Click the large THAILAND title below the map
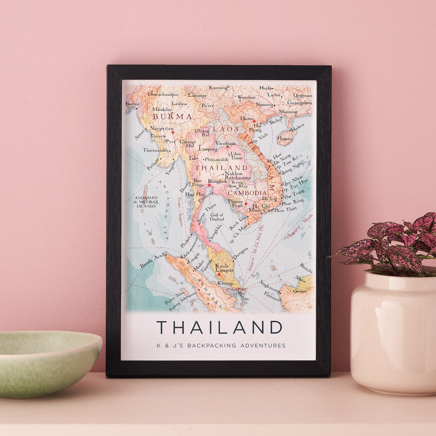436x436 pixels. [x=219, y=327]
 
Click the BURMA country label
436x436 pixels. [x=172, y=117]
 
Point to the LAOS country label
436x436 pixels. [x=226, y=129]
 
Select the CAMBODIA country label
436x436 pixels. [x=247, y=193]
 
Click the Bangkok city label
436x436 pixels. [x=218, y=181]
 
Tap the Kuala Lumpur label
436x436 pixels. [x=224, y=268]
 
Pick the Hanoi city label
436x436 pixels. [x=247, y=118]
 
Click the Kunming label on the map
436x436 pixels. [x=218, y=88]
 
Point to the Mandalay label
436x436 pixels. [x=162, y=109]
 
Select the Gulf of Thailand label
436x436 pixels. [x=217, y=217]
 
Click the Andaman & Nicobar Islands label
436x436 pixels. [x=146, y=201]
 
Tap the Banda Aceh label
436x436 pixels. [x=152, y=261]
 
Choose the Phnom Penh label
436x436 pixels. [x=235, y=203]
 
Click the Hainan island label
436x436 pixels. [x=285, y=138]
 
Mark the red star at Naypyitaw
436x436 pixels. [x=173, y=132]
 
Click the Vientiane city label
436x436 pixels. [x=226, y=143]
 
